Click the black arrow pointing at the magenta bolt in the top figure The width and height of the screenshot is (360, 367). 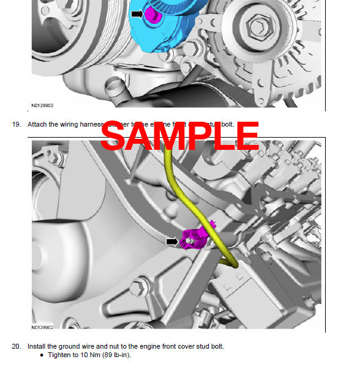coord(137,13)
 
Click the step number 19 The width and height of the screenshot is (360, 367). coord(17,124)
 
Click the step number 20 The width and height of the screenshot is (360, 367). coord(17,346)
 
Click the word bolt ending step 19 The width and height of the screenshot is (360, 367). coord(227,124)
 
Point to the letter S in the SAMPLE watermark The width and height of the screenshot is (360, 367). coord(113,136)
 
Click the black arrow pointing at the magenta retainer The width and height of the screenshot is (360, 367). coord(172,242)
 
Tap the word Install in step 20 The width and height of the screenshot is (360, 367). coord(37,346)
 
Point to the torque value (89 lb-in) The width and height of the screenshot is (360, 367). coord(116,355)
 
